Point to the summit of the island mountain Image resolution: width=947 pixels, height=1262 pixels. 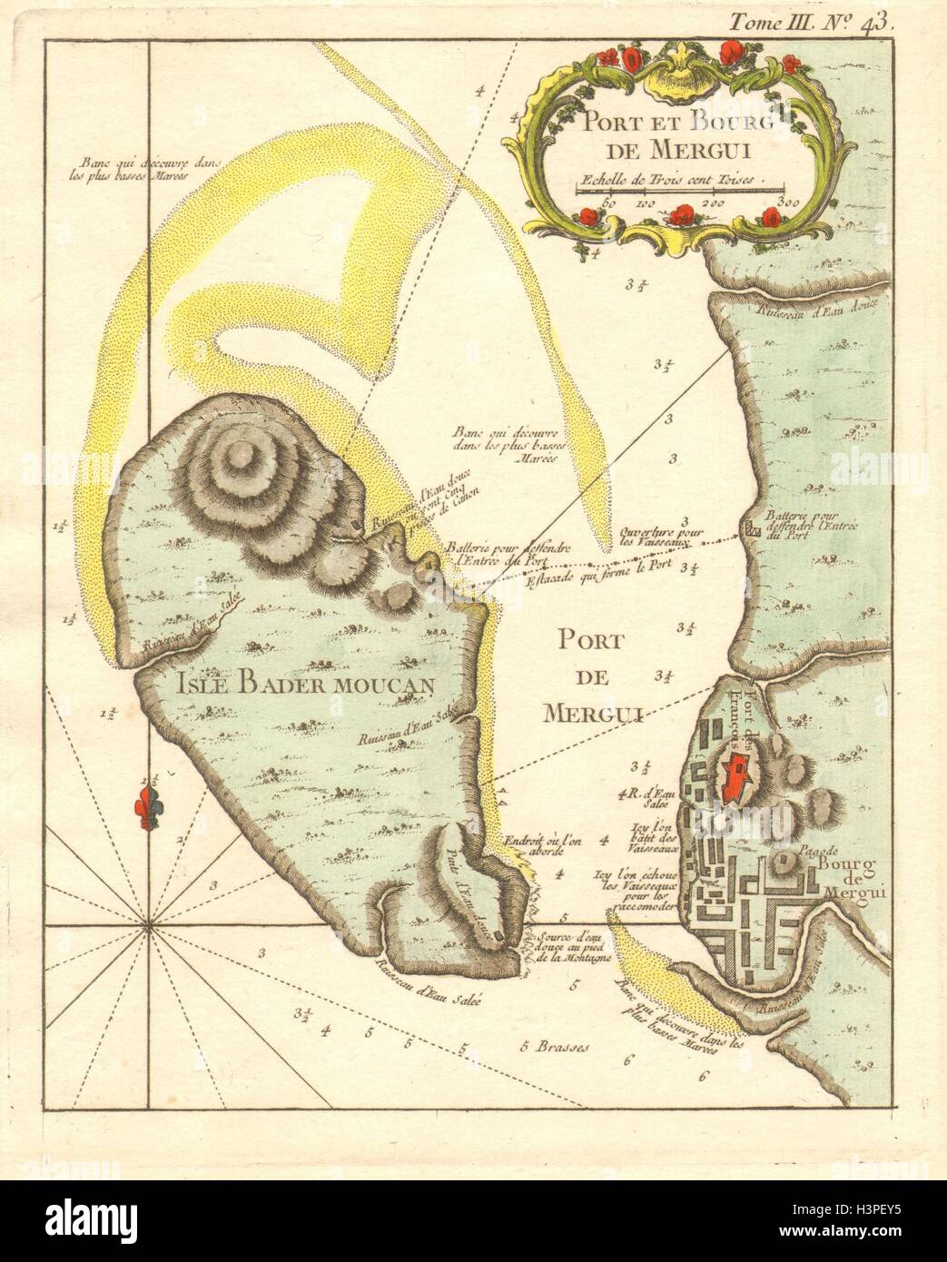click(x=242, y=461)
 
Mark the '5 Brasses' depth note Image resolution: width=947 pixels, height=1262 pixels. click(x=556, y=1045)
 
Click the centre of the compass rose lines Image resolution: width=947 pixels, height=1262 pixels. click(x=149, y=926)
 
